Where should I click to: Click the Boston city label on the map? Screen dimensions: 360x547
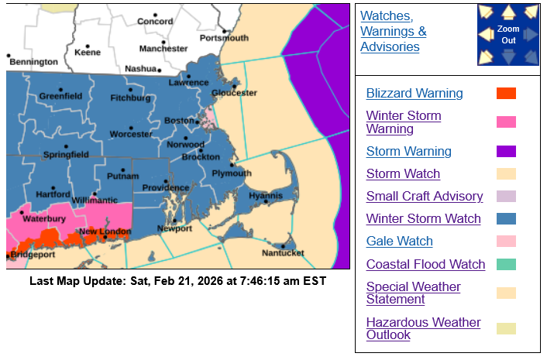[x=178, y=121]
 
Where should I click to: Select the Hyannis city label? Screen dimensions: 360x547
[x=266, y=196]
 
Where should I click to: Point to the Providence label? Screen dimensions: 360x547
[x=165, y=187]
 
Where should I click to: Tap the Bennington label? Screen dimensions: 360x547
[x=33, y=62]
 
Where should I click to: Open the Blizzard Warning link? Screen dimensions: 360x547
[x=415, y=94]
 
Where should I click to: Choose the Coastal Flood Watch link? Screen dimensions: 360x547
[x=425, y=265]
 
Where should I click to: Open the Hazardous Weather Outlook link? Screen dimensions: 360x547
[x=423, y=329]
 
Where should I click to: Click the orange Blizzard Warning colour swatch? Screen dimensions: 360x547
[x=506, y=94]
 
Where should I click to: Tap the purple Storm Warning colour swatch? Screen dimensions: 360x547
[x=506, y=152]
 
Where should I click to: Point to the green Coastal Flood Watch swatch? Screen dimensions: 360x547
[x=506, y=265]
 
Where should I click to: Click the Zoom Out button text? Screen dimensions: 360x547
[x=507, y=34]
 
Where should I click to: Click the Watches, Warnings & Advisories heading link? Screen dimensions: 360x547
[x=393, y=32]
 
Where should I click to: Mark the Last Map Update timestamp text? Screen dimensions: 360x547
[x=178, y=281]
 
